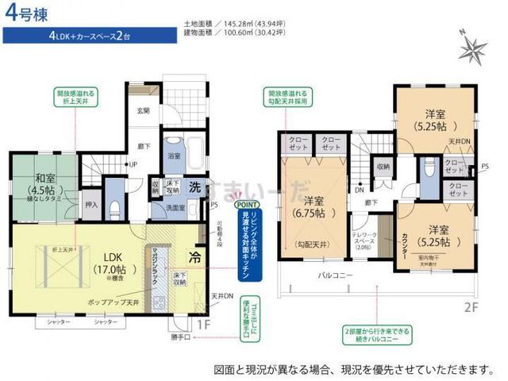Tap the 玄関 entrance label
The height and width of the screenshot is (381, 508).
click(142, 110)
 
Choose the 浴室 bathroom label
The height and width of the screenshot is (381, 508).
click(174, 158)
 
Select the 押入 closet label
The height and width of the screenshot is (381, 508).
click(91, 205)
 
